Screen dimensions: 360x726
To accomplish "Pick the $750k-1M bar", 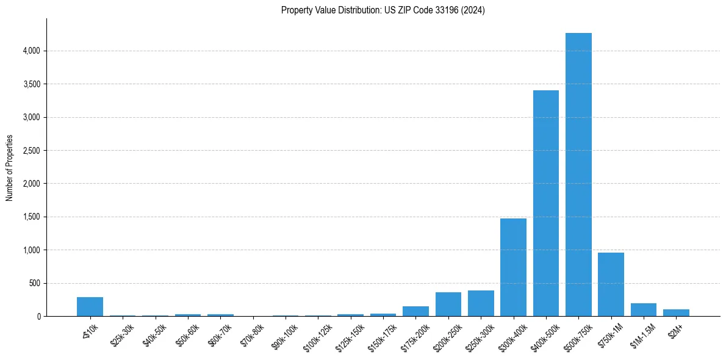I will [x=611, y=284].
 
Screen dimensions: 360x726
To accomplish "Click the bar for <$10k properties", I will [x=90, y=306].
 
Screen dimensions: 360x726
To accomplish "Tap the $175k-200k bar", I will [x=415, y=311].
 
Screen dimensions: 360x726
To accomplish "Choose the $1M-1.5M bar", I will [x=644, y=310].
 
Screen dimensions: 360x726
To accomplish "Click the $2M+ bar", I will [x=676, y=312].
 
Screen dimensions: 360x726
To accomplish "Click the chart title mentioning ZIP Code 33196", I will [x=383, y=10].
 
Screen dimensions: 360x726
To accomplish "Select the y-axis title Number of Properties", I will [x=10, y=168].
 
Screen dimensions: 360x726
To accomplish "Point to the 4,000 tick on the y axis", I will [x=30, y=51].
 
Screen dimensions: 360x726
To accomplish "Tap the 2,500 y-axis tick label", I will [x=30, y=150].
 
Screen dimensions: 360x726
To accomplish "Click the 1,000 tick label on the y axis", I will [x=30, y=250].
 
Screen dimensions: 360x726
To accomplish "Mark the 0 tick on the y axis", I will [x=38, y=316].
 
